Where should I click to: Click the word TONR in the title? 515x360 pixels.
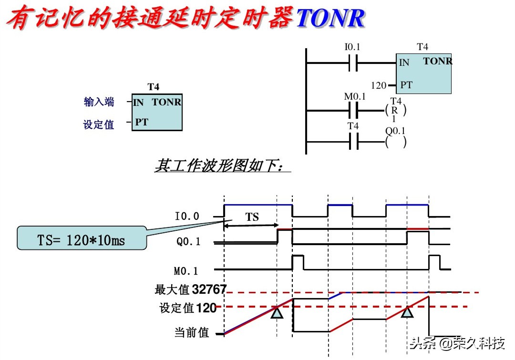pyautogui.click(x=330, y=18)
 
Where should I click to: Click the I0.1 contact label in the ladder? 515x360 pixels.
pyautogui.click(x=352, y=47)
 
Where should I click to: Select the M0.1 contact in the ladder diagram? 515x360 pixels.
pyautogui.click(x=353, y=111)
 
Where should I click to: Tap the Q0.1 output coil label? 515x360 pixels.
pyautogui.click(x=395, y=131)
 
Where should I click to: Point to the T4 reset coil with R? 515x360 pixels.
pyautogui.click(x=395, y=110)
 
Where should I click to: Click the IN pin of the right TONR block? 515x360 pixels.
pyautogui.click(x=404, y=62)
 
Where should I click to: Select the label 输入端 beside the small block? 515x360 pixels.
pyautogui.click(x=99, y=102)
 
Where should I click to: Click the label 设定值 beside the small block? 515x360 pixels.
pyautogui.click(x=99, y=124)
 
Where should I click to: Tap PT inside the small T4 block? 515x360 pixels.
pyautogui.click(x=142, y=122)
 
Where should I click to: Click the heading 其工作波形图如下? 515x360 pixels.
pyautogui.click(x=219, y=166)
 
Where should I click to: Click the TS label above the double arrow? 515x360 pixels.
pyautogui.click(x=252, y=217)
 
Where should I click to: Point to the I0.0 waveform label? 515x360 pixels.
pyautogui.click(x=187, y=217)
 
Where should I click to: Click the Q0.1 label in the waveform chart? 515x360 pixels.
pyautogui.click(x=188, y=242)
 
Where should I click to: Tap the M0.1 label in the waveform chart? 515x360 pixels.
pyautogui.click(x=186, y=271)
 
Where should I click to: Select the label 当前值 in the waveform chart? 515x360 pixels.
pyautogui.click(x=192, y=333)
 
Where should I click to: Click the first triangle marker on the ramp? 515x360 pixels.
pyautogui.click(x=277, y=313)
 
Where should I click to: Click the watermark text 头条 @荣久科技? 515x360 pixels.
pyautogui.click(x=457, y=343)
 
